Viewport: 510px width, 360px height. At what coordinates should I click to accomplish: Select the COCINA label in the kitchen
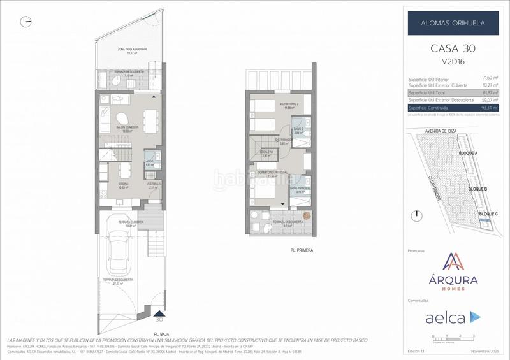click(x=122, y=185)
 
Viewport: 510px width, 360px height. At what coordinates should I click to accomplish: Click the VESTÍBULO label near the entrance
click(x=153, y=185)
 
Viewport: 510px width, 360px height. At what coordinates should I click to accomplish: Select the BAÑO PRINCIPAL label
click(x=300, y=189)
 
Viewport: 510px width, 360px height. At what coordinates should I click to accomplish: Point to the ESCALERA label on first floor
click(x=266, y=152)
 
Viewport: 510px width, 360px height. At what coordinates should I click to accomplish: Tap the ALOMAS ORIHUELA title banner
click(x=453, y=23)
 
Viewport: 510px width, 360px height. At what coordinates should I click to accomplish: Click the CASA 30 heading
click(x=453, y=49)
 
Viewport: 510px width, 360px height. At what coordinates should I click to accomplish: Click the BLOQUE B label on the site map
click(x=477, y=189)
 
